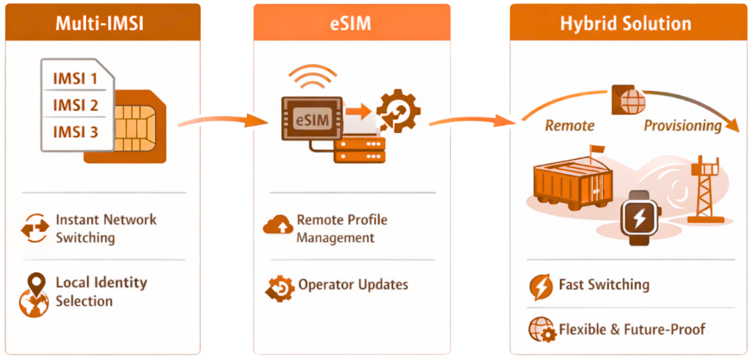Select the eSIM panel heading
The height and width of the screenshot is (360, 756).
tap(351, 23)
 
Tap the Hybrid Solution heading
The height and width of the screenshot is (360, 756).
tap(626, 23)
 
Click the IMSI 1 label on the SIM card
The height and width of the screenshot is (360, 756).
tap(75, 80)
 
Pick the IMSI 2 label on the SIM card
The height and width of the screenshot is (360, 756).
tap(75, 106)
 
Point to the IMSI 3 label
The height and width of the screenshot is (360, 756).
tap(75, 132)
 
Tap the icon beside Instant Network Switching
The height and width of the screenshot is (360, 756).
tap(34, 230)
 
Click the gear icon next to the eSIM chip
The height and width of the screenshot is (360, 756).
tap(398, 111)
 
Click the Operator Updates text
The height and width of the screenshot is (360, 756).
tap(352, 285)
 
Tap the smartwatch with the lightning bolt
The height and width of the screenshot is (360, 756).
tap(638, 216)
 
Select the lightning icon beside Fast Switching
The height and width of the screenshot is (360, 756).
tap(540, 286)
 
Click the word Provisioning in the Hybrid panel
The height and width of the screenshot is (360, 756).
tap(682, 125)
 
